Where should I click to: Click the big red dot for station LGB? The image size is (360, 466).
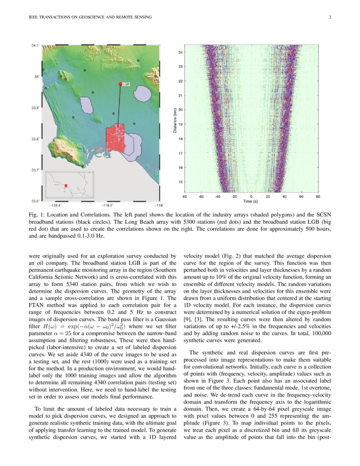(120, 84)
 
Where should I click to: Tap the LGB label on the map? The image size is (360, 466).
(126, 84)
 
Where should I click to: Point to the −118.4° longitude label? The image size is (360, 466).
(57, 205)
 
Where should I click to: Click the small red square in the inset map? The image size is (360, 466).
(66, 186)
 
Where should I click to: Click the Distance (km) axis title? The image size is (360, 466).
(175, 120)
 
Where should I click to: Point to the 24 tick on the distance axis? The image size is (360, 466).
(180, 53)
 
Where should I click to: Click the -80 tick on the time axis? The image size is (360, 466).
(184, 197)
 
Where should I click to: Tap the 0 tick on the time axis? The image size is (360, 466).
(251, 197)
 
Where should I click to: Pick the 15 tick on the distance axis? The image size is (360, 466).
(180, 182)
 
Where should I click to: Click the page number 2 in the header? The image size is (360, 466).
(329, 17)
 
